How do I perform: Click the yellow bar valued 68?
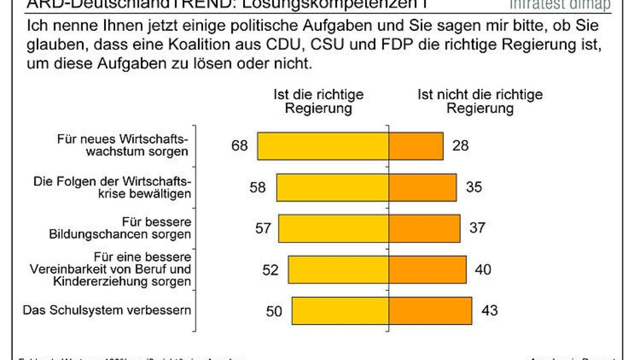click(323, 146)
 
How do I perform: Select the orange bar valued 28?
click(416, 146)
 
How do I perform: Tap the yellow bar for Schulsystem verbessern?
click(340, 311)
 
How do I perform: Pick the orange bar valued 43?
click(430, 311)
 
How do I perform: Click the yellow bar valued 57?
click(333, 228)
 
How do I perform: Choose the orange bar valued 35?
click(422, 187)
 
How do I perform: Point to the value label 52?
click(270, 270)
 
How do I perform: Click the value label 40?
click(483, 270)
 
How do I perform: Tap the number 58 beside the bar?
click(258, 187)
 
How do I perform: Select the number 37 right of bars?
click(477, 228)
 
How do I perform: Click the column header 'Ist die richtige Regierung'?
click(318, 101)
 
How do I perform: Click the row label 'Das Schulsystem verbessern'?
click(107, 310)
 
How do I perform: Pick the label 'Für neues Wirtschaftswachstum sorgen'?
click(123, 145)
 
